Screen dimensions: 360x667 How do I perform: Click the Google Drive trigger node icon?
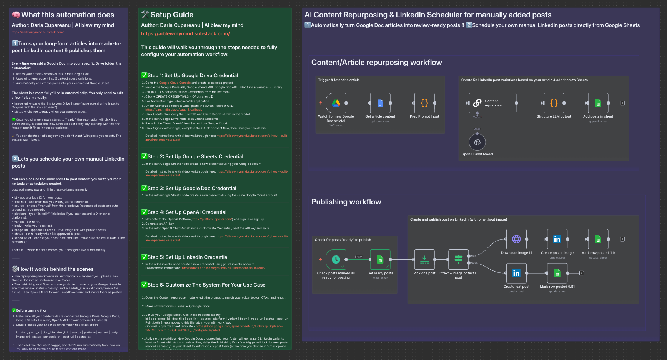[x=336, y=103]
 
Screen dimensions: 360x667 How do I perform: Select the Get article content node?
[x=380, y=103]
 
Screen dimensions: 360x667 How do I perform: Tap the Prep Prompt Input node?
[x=424, y=103]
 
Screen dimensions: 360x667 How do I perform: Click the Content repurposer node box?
[x=492, y=103]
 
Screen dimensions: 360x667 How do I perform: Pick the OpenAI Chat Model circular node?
[x=477, y=142]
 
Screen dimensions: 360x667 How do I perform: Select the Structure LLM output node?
[x=554, y=103]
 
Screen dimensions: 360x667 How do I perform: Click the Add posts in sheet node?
[x=598, y=103]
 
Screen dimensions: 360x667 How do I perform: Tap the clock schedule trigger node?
[x=336, y=259]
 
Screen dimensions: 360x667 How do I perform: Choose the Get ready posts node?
[x=380, y=259]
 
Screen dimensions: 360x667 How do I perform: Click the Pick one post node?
[x=424, y=259]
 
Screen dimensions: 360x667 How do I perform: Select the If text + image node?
[x=458, y=259]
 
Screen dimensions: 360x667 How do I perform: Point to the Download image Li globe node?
[x=516, y=239]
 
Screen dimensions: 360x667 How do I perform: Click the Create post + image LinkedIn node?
[x=557, y=239]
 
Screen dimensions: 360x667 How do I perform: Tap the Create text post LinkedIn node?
[x=516, y=273]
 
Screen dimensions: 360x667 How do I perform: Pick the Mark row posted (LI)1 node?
[x=557, y=273]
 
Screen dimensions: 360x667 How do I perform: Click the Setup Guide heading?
[x=172, y=15]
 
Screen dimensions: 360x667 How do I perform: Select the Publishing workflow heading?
[x=346, y=202]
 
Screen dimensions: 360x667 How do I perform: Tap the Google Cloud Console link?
[x=175, y=83]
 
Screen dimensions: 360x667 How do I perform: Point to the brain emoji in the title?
[x=16, y=15]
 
